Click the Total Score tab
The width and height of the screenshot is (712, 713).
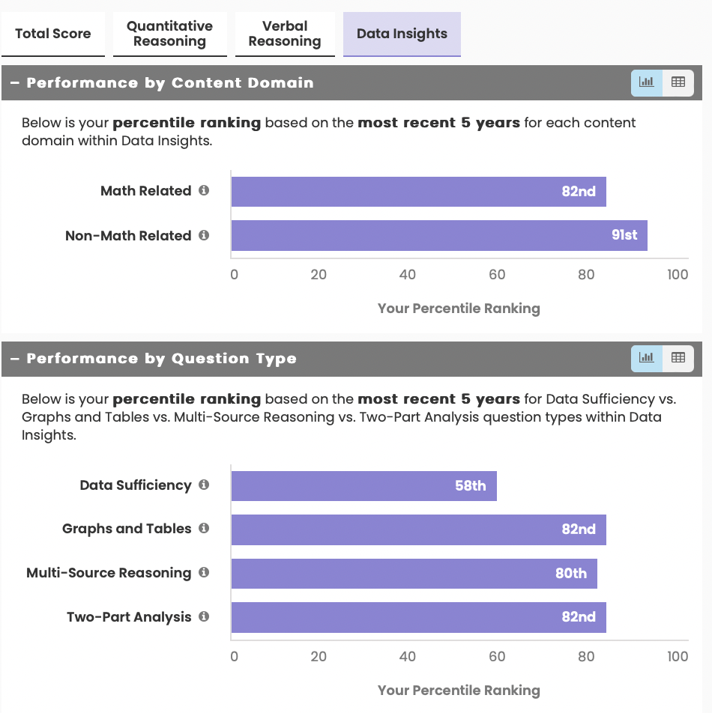click(52, 34)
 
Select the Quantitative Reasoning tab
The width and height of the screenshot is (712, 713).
click(169, 34)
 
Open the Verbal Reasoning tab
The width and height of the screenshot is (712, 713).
click(285, 34)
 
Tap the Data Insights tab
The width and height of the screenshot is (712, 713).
click(402, 34)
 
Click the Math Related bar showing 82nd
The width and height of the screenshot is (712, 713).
click(418, 192)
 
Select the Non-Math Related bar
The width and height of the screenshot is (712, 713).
click(438, 235)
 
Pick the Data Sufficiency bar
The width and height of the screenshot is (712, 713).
click(363, 486)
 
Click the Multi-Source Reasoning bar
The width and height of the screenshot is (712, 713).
click(414, 574)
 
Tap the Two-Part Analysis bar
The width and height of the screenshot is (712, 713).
click(418, 617)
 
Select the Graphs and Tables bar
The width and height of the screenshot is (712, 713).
click(418, 530)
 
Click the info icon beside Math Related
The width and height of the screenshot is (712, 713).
click(204, 191)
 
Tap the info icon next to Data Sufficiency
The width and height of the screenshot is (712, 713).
click(204, 485)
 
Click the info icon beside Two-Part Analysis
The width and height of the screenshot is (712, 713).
click(204, 617)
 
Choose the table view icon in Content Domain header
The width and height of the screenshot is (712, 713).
click(678, 82)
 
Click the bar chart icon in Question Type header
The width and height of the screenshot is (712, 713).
click(647, 358)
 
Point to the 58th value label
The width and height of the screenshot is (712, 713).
click(470, 486)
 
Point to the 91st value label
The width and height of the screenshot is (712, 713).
click(624, 235)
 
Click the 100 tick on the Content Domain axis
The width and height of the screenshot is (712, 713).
click(678, 275)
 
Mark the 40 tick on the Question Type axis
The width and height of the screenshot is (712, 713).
click(407, 657)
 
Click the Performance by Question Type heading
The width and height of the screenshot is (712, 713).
click(161, 359)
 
